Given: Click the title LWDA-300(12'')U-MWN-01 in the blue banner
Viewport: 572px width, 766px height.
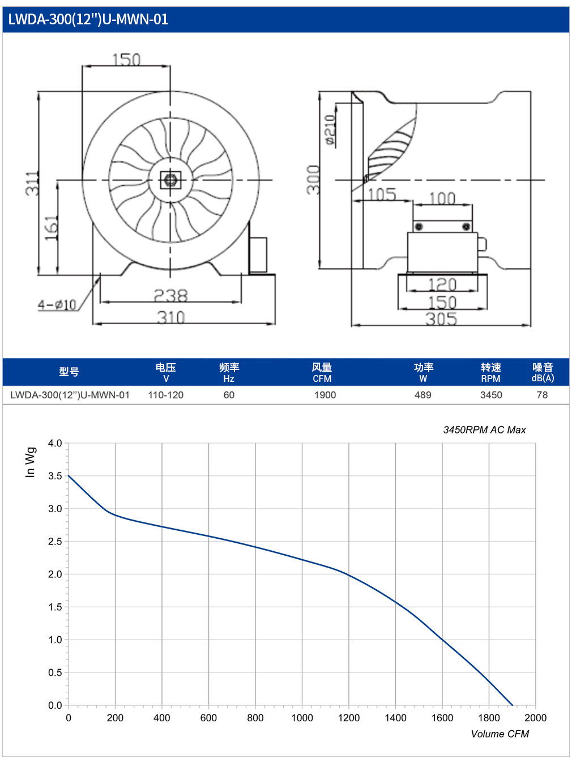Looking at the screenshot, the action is coord(88,19).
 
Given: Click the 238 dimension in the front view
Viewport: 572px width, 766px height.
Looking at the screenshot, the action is coord(171,295).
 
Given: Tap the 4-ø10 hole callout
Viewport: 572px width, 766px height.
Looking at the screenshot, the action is coord(57,305).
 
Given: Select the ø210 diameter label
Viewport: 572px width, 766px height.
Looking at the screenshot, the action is coord(330,130).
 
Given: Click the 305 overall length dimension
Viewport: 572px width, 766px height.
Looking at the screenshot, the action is coord(441,319).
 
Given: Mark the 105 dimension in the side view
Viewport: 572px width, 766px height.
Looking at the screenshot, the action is coord(382,194).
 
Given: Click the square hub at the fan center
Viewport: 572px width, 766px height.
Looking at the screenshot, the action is coord(170,180).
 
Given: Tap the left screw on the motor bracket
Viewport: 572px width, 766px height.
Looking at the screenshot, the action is coord(419,227).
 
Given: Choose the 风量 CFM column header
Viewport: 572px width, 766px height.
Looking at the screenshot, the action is coord(322,372).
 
